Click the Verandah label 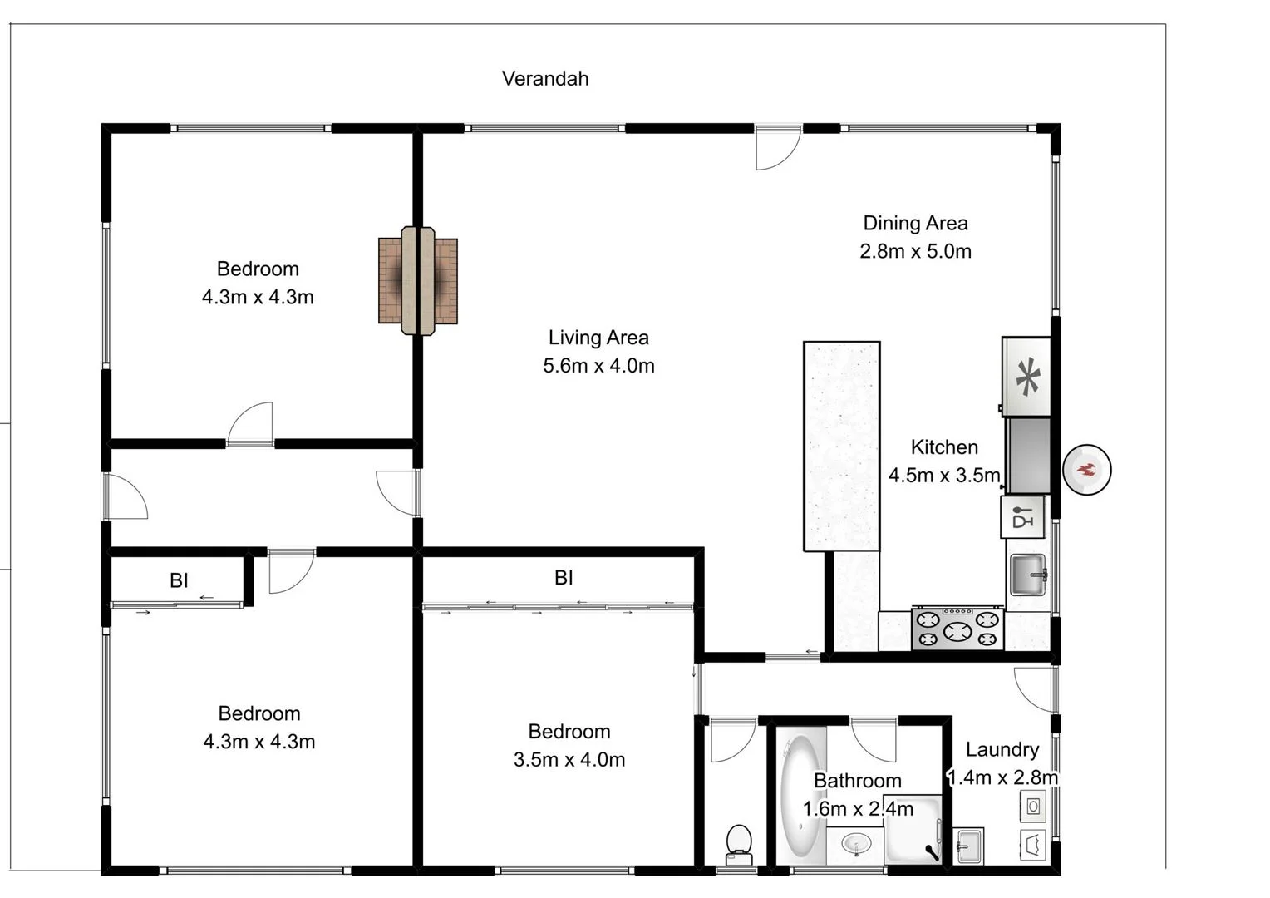545,79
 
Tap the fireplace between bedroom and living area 418,281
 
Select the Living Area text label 598,338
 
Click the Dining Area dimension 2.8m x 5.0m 915,251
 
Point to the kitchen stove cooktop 957,629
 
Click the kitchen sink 1027,575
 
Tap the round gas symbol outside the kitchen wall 1087,471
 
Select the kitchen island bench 841,446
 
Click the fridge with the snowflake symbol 1027,377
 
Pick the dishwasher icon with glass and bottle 1022,517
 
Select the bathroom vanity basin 855,846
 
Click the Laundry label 1002,750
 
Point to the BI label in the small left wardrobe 179,580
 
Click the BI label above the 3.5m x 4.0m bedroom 564,578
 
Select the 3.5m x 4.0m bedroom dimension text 569,760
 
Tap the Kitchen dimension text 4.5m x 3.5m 944,476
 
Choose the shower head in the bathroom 933,851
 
